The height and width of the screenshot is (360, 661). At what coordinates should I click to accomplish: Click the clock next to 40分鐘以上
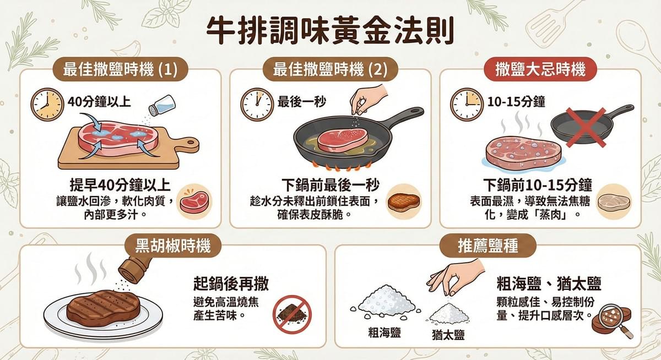[47, 104]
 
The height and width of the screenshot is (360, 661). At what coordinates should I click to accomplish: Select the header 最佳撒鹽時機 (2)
[330, 70]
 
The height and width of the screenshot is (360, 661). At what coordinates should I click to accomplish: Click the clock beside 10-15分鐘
[467, 104]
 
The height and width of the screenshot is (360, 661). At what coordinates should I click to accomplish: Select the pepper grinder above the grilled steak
[134, 266]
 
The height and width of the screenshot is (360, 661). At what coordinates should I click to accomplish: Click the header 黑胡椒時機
[174, 246]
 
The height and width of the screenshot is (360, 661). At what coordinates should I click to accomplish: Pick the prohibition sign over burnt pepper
[292, 314]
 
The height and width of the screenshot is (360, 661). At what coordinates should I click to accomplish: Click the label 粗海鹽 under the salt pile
[384, 331]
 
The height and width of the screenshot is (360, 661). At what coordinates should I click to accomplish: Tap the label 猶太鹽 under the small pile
[448, 334]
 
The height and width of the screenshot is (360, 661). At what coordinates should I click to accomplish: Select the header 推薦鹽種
[487, 246]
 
